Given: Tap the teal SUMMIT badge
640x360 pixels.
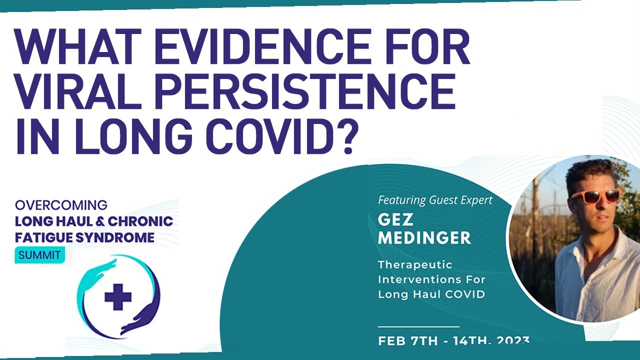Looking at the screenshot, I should pos(39,255).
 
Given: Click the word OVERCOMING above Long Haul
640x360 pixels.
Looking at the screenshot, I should pos(61,205).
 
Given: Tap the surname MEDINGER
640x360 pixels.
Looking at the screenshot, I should pos(424,238).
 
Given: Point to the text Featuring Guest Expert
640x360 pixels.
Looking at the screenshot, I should pos(435,200).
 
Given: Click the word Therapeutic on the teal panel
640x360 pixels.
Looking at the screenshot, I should pos(415,264).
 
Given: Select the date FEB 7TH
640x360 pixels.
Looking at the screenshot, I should pos(408,342).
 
